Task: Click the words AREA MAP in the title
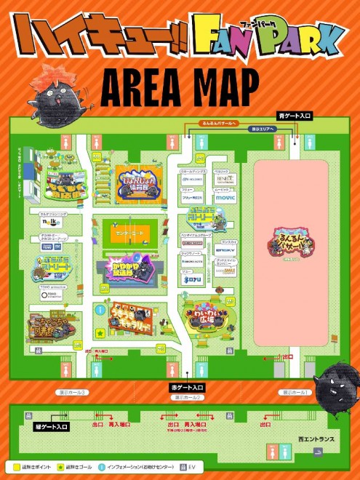point(179,87)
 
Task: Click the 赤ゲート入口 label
point(187,388)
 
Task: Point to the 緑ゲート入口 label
point(51,427)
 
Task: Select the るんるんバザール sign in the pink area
point(293,241)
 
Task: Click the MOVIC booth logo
point(225,198)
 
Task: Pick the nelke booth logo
point(48,223)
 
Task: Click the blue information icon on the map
point(99,310)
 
